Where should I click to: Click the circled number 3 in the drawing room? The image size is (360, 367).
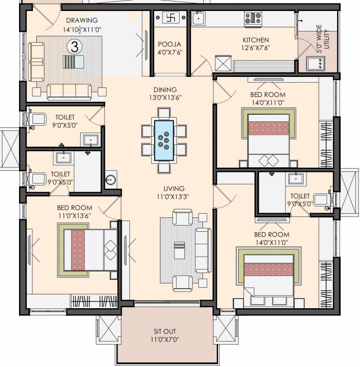tap(74, 46)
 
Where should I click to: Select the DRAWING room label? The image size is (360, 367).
tap(82, 21)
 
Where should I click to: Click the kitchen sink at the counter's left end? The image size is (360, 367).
tap(198, 19)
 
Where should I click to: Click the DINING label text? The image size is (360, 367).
tap(165, 89)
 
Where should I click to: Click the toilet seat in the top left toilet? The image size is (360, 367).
tap(38, 119)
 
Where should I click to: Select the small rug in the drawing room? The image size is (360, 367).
tap(74, 63)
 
